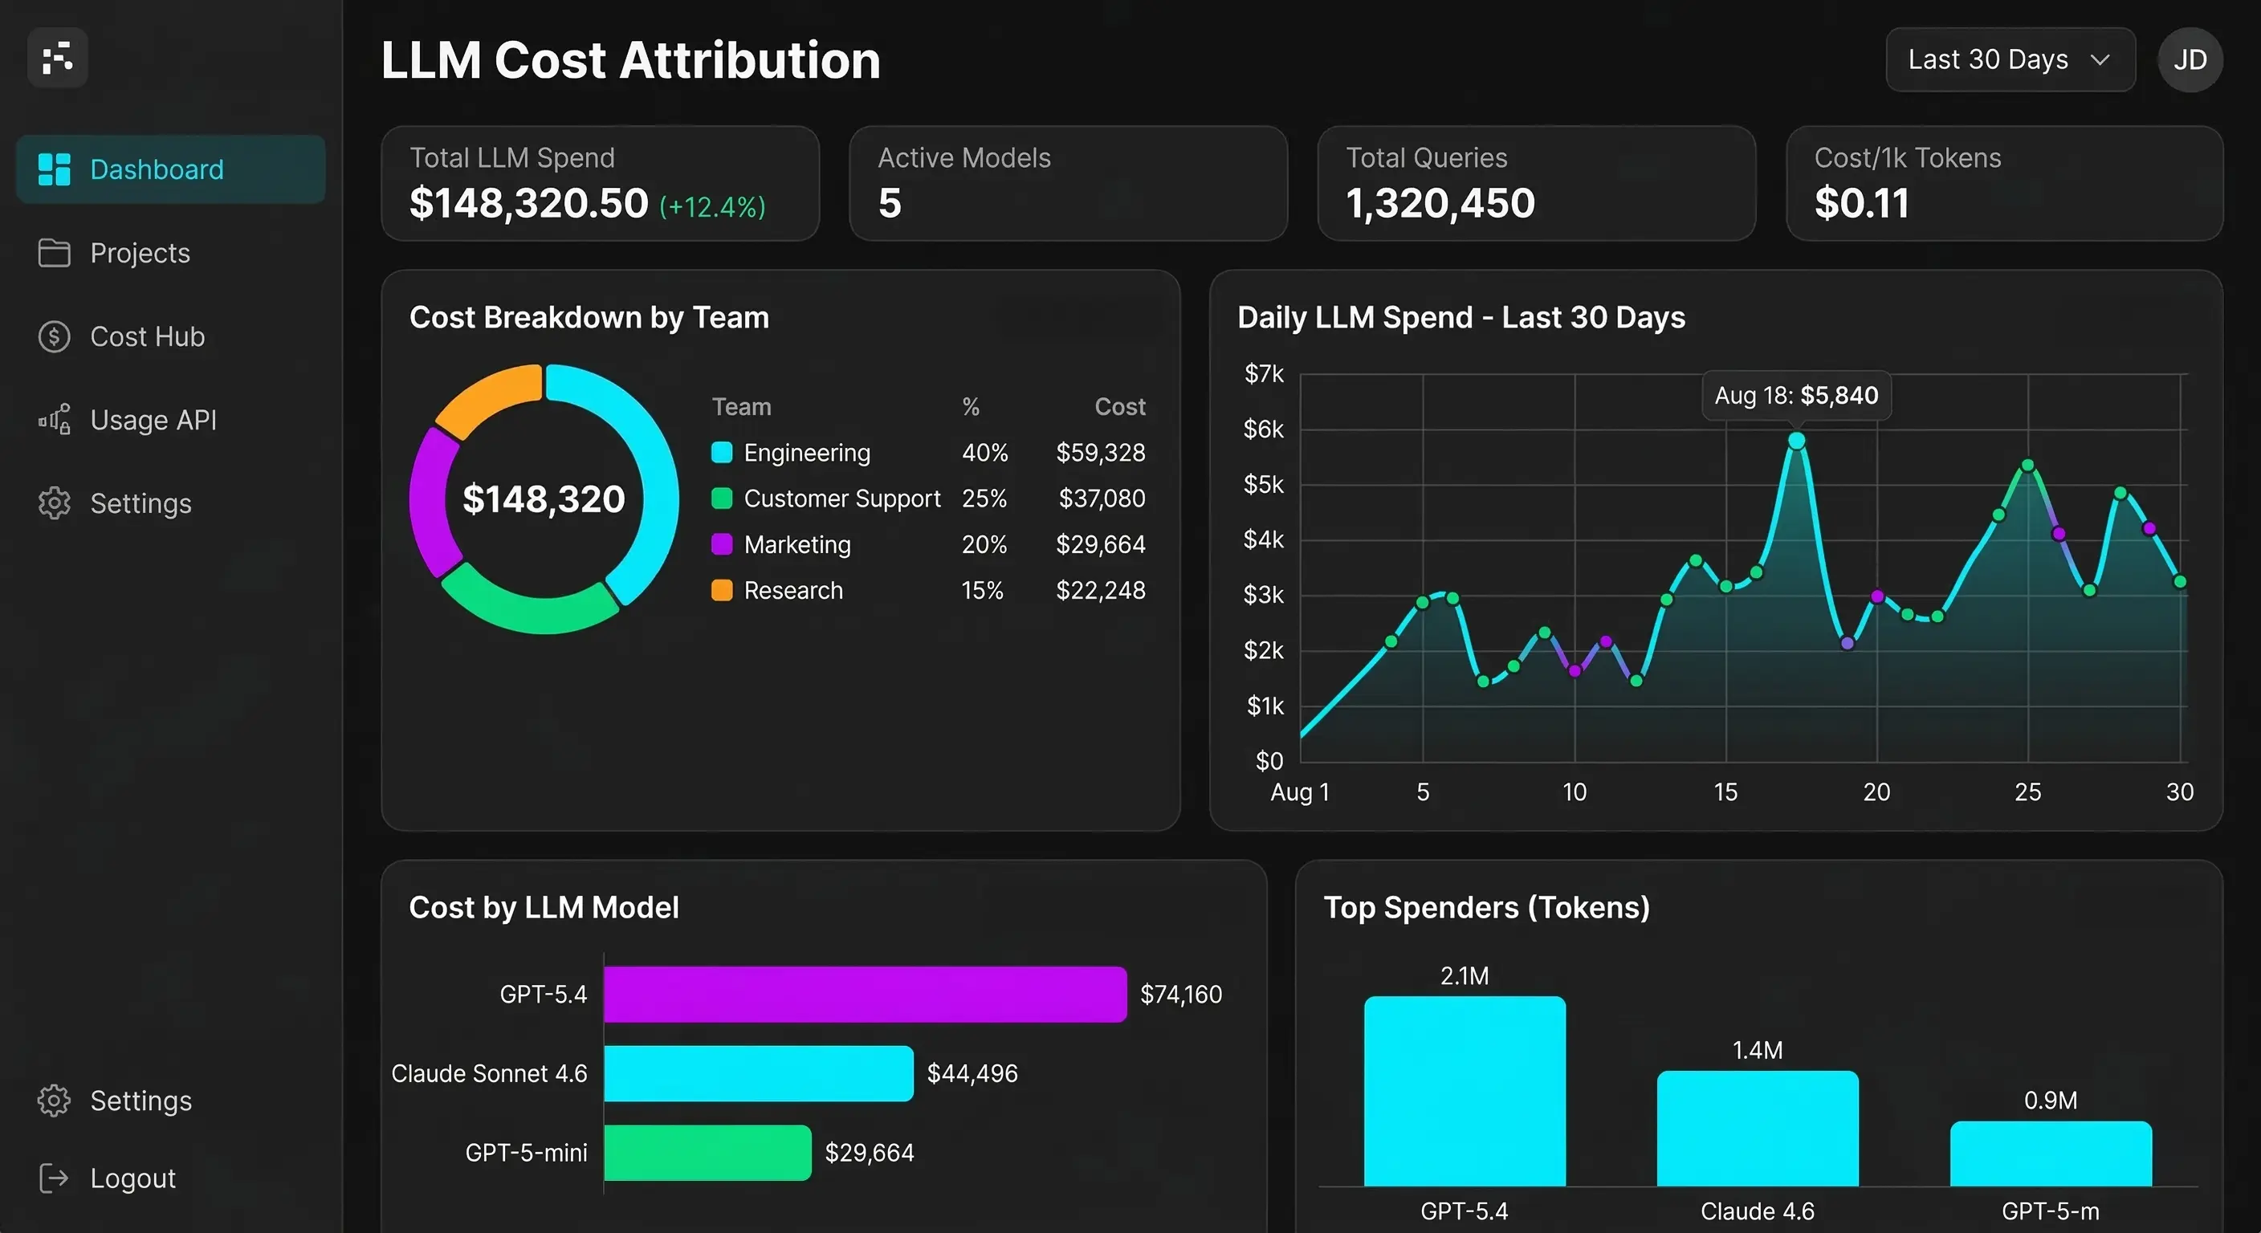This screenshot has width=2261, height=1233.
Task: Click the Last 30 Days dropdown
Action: (x=2009, y=59)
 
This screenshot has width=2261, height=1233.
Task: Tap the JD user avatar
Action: (x=2189, y=59)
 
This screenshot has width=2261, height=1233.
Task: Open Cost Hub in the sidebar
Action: (x=147, y=336)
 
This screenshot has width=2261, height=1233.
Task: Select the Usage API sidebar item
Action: (x=153, y=420)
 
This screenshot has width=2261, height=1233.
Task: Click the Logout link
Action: (x=132, y=1178)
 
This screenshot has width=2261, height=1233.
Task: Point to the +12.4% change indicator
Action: (x=712, y=207)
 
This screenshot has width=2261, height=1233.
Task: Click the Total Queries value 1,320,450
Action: (x=1440, y=204)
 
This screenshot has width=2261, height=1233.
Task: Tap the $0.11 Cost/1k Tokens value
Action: (x=1861, y=204)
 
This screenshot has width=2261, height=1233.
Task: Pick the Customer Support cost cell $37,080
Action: (x=1101, y=498)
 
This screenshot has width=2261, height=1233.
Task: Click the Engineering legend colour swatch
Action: (x=722, y=453)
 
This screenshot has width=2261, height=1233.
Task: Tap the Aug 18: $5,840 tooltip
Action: (x=1796, y=396)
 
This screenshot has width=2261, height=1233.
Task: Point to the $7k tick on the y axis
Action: (x=1263, y=374)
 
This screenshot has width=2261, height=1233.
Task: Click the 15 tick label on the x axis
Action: (x=1725, y=791)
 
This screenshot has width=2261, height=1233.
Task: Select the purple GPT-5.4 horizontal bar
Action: (x=865, y=995)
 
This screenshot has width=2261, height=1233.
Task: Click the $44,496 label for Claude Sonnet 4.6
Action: (x=972, y=1073)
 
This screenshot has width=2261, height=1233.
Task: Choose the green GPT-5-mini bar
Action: (x=707, y=1152)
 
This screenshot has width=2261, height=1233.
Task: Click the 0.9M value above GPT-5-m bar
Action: (x=2050, y=1101)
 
